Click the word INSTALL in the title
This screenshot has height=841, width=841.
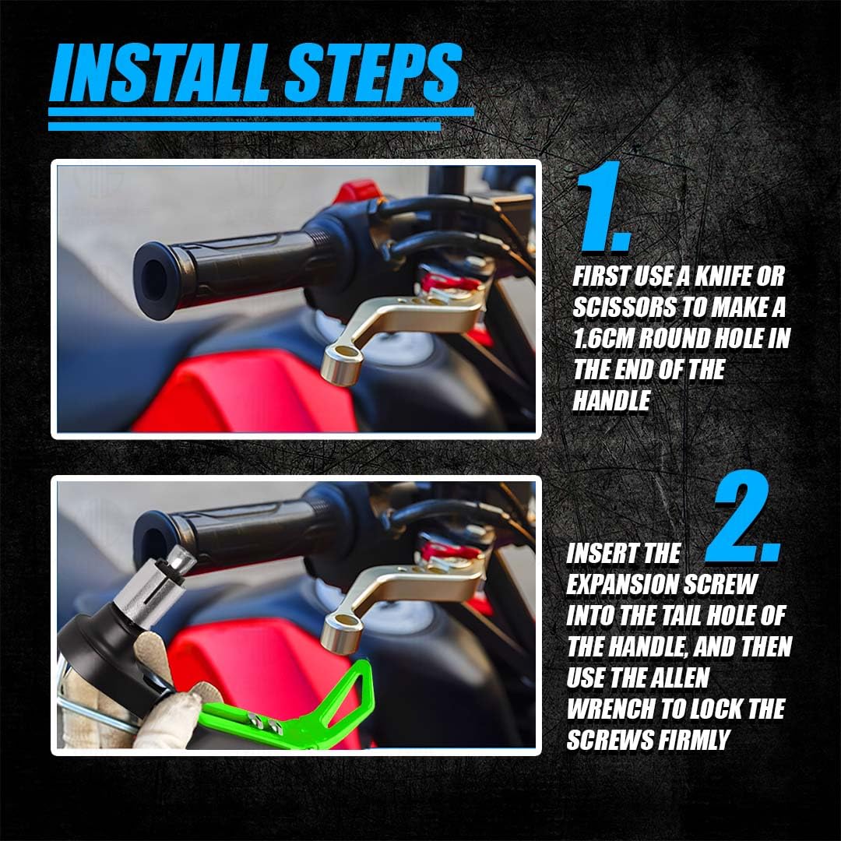click(x=160, y=73)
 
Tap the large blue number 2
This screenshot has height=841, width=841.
click(x=744, y=516)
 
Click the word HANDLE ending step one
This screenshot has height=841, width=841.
click(x=611, y=401)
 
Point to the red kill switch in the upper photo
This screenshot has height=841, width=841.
click(x=355, y=191)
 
